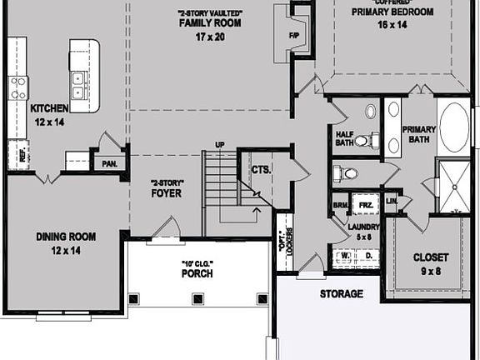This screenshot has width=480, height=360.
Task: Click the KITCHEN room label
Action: [x=47, y=109]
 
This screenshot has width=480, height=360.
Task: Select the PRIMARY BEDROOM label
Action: [x=392, y=12]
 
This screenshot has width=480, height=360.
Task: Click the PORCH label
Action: [x=197, y=273]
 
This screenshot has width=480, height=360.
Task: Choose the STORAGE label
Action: [x=342, y=294]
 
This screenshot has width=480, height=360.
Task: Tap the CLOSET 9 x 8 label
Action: [x=431, y=257]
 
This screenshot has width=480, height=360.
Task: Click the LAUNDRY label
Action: [x=364, y=227]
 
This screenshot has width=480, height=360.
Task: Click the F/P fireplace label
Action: [x=293, y=37]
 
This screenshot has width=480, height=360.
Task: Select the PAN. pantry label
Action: [x=108, y=164]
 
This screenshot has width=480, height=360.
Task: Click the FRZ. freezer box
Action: [x=364, y=205]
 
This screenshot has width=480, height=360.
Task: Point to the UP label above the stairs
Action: [x=220, y=145]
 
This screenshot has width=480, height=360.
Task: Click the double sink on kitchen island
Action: [x=77, y=85]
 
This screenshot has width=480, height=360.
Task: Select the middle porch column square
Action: [x=197, y=297]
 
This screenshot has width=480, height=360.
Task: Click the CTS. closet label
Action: [x=261, y=170]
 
